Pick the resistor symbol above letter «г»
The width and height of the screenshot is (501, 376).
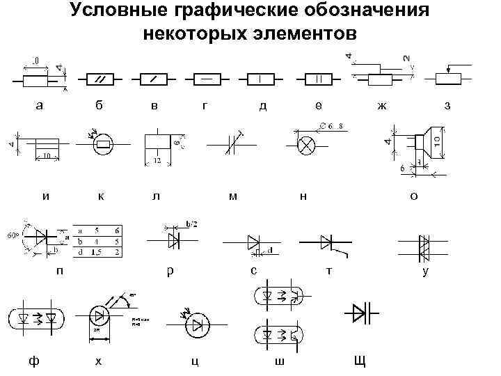coord(207,78)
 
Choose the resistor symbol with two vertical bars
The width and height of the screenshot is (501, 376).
coord(318,78)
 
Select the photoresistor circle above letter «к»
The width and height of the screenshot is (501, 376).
coord(104,145)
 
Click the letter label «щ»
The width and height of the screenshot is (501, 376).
coord(359,360)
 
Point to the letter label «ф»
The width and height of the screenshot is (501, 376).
coord(33,361)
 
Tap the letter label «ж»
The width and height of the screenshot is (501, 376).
coord(381,106)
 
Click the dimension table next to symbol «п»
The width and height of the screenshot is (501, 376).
coord(98,241)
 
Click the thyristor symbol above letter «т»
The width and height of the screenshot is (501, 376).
coord(326,242)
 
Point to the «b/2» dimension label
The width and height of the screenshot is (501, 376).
coord(191,224)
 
